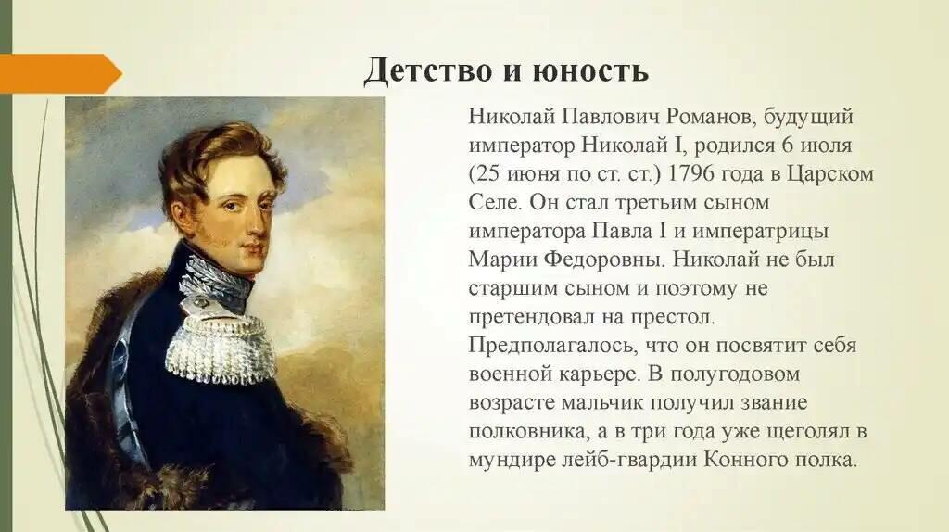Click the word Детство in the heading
pos(428,70)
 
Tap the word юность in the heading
pos(590,70)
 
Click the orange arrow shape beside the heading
pos(60,73)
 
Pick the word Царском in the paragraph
pos(830,174)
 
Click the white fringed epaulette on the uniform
pos(219,347)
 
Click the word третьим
pos(655,203)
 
